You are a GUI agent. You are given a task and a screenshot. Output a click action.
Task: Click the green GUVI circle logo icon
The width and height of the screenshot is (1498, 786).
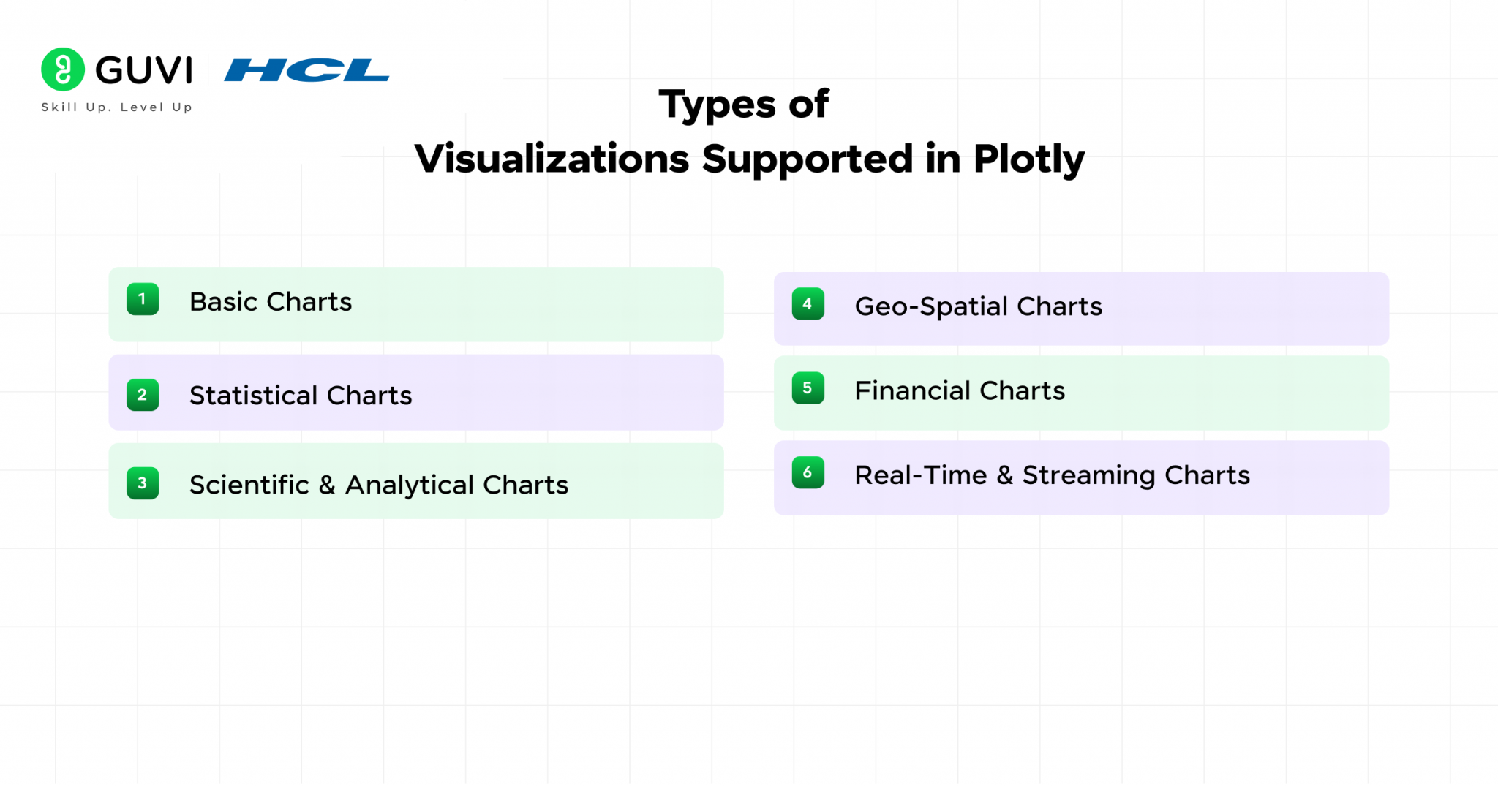click(x=63, y=69)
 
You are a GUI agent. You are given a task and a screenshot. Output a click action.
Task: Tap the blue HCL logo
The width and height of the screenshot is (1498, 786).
click(x=306, y=70)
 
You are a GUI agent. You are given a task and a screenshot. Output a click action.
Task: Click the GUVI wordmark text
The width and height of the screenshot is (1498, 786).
click(x=144, y=70)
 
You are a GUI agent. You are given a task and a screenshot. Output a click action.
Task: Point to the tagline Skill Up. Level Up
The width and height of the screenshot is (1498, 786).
click(x=117, y=107)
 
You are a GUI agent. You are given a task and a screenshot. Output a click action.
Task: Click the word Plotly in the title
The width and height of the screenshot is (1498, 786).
click(x=1028, y=159)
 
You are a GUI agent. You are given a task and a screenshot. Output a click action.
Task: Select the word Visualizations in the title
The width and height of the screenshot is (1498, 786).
click(x=552, y=159)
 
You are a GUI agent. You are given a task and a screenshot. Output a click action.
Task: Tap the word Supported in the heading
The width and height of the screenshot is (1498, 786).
click(x=808, y=159)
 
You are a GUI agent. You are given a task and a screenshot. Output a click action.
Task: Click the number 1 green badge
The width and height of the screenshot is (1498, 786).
click(x=143, y=299)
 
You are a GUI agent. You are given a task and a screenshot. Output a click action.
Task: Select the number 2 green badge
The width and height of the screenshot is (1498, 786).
click(x=143, y=395)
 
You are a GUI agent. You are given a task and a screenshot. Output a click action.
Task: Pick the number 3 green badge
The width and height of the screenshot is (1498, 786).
click(x=143, y=483)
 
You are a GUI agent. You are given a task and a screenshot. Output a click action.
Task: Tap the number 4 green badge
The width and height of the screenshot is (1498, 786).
click(x=808, y=304)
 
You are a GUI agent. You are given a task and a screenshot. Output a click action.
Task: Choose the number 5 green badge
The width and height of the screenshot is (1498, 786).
click(x=808, y=388)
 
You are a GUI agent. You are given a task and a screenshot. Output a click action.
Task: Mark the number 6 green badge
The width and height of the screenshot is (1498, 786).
click(x=808, y=473)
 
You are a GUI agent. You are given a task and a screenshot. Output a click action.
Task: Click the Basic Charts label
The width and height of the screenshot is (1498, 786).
click(x=271, y=302)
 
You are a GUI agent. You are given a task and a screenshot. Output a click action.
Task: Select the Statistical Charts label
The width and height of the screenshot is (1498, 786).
click(x=301, y=396)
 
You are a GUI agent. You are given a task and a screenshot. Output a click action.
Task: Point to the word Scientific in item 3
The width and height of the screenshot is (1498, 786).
click(x=249, y=485)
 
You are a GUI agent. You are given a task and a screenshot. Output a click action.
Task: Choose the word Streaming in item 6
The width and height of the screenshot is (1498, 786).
click(x=1088, y=475)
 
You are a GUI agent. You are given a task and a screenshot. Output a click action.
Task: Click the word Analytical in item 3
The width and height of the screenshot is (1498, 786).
click(x=410, y=485)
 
